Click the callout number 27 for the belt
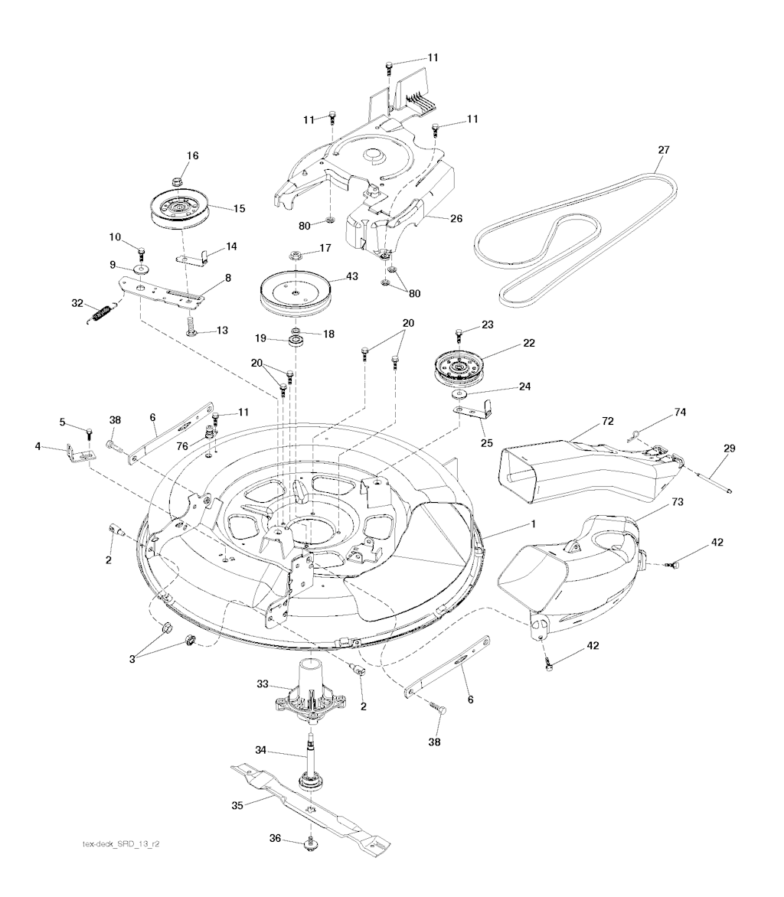coord(663,150)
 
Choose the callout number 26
coord(456,219)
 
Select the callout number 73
coord(677,502)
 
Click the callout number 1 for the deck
coord(534,524)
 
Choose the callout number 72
coord(608,421)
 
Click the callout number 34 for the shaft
coord(260,750)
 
